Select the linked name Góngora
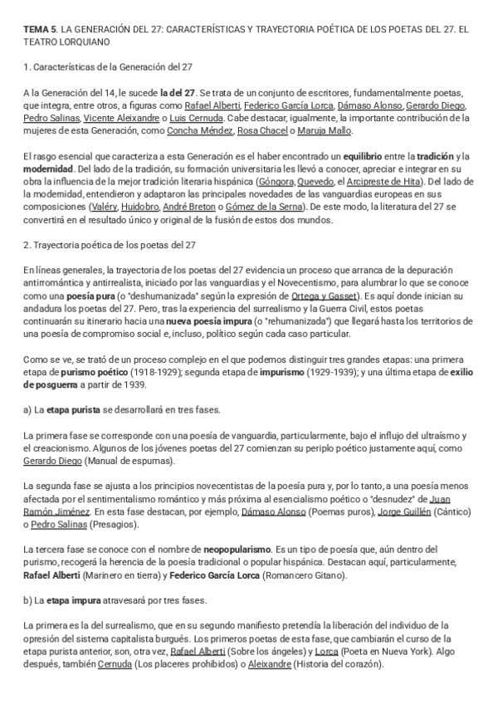coord(278,181)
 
